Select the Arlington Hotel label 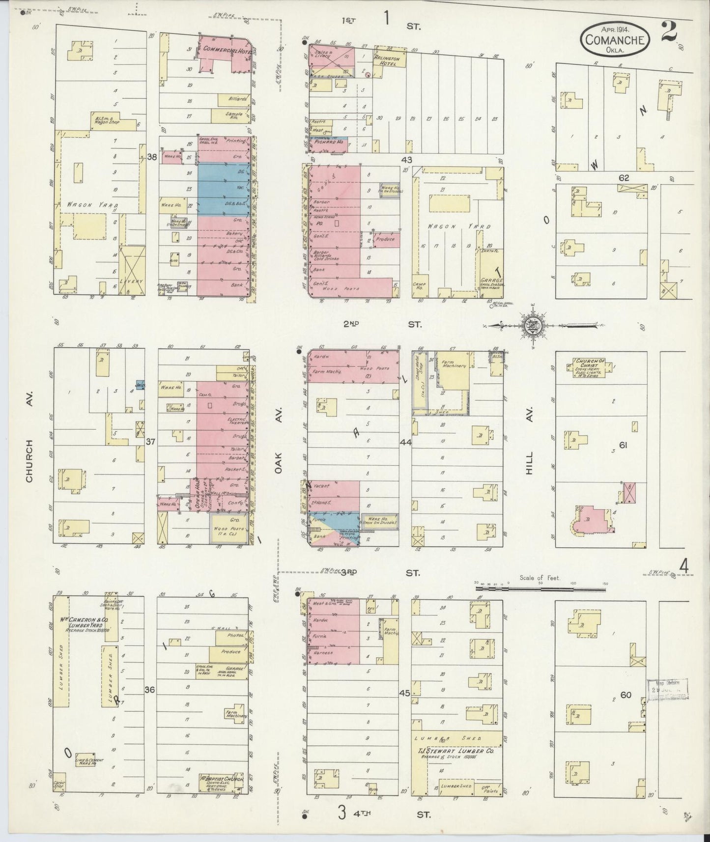click(388, 60)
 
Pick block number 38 click(152, 158)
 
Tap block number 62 click(624, 178)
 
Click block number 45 click(405, 693)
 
